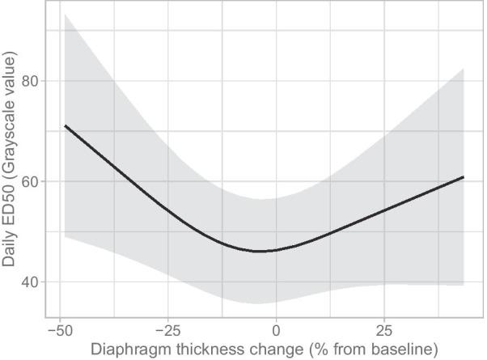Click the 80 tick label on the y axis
(x=32, y=81)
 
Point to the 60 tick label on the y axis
(x=32, y=181)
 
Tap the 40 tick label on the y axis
(x=32, y=282)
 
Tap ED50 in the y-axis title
(x=11, y=208)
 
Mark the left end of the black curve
(x=65, y=125)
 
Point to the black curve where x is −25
(x=167, y=208)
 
